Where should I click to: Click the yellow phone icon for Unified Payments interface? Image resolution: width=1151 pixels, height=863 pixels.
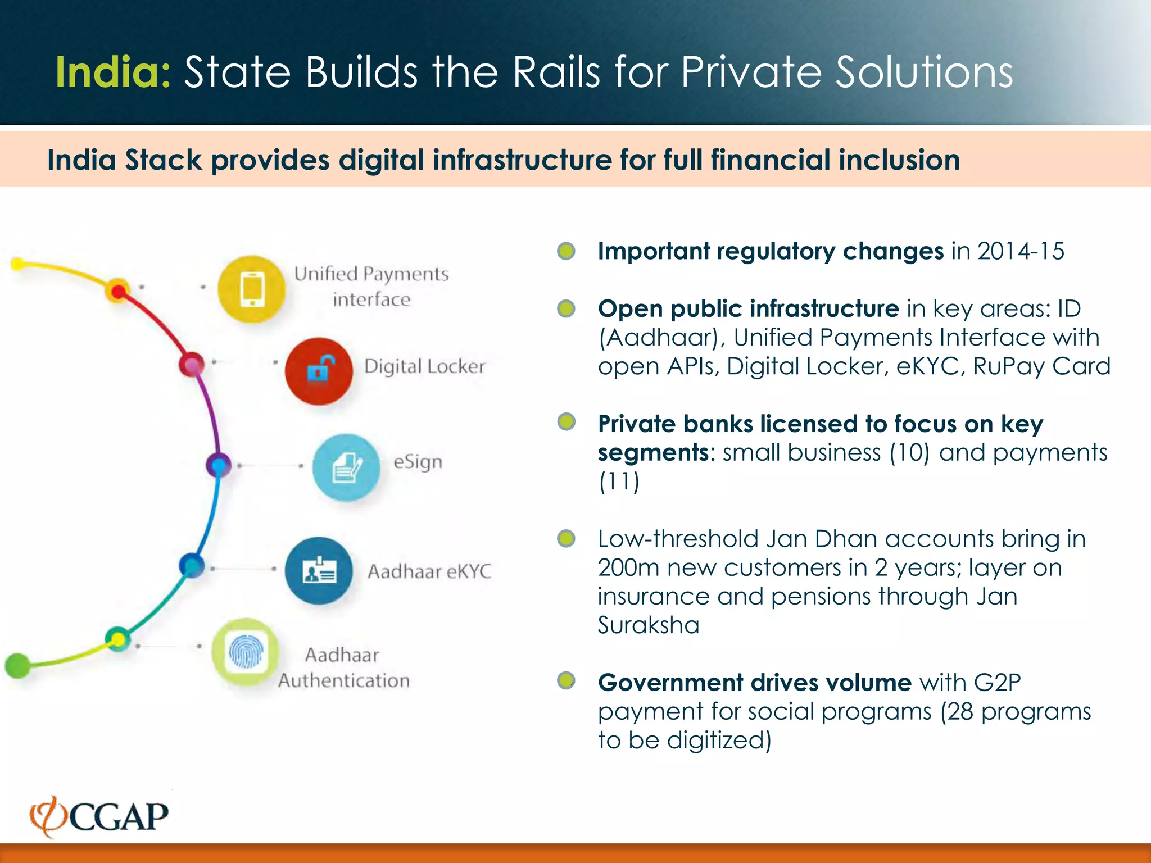click(251, 289)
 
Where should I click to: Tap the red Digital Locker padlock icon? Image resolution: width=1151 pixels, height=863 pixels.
click(319, 371)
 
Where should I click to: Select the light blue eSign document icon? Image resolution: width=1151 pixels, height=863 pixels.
click(346, 467)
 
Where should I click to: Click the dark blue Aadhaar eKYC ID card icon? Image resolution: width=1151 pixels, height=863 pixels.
click(319, 571)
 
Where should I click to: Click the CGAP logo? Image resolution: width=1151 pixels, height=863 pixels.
click(99, 816)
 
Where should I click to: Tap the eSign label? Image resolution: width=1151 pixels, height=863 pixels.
click(418, 462)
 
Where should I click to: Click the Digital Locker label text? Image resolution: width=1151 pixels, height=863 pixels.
click(424, 366)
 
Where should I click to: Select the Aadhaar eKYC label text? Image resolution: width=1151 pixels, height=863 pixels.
click(429, 571)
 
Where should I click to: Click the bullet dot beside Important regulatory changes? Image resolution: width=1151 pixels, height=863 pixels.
click(566, 251)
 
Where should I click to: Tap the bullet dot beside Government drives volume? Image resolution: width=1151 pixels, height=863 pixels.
click(566, 681)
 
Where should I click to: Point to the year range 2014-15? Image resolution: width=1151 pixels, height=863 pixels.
click(1021, 251)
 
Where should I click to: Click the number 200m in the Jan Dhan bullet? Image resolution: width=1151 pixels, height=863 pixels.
click(628, 567)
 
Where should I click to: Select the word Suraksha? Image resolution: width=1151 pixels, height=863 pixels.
click(648, 625)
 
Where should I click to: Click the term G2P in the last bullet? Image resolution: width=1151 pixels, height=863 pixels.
click(997, 683)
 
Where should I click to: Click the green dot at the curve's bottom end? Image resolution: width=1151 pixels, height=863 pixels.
click(17, 665)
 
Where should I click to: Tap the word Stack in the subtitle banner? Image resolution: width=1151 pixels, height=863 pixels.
click(163, 160)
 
